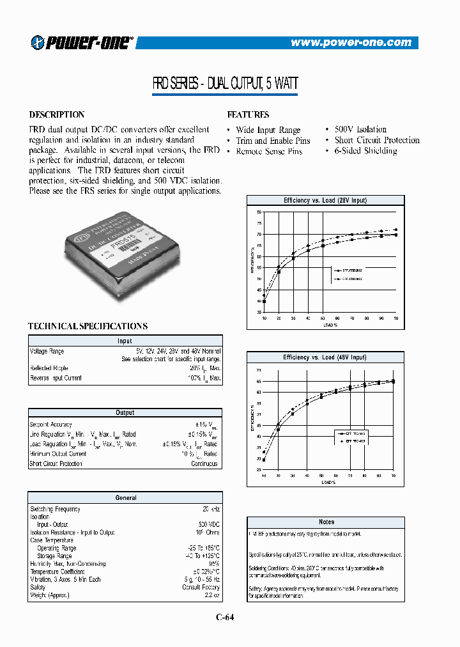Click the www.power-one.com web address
click(351, 43)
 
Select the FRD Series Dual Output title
click(224, 83)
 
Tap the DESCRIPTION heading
click(57, 115)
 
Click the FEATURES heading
click(248, 115)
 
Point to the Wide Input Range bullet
click(268, 130)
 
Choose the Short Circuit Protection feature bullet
click(376, 140)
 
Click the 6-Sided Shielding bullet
click(365, 151)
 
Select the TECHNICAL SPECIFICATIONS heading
click(88, 326)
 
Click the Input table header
click(125, 341)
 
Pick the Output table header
click(125, 413)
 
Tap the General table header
click(125, 497)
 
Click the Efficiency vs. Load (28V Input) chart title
click(325, 201)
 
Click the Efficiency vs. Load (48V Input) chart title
click(325, 357)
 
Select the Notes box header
click(326, 522)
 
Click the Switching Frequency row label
click(55, 510)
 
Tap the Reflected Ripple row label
click(48, 369)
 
